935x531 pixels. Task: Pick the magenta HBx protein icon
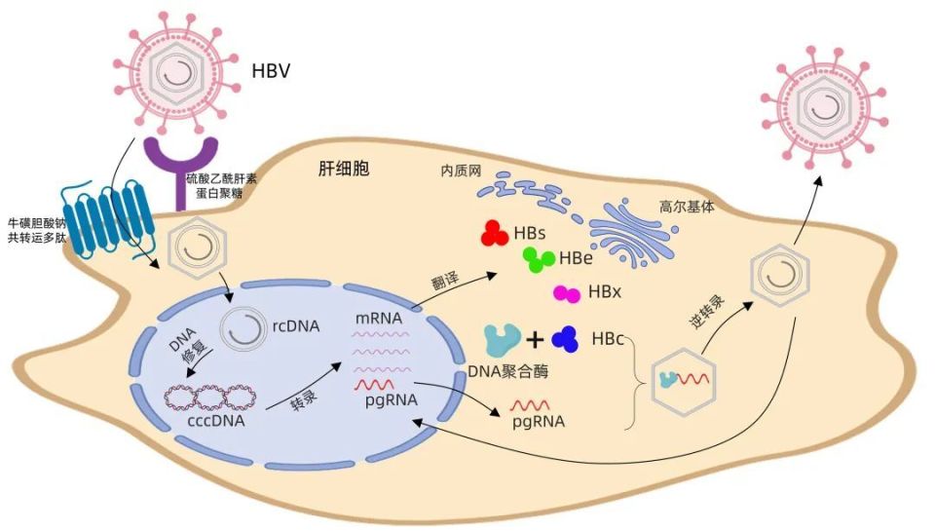click(567, 293)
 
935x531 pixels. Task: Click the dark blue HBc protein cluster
click(564, 340)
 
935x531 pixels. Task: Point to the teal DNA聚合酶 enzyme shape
click(502, 340)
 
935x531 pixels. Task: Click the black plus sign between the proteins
click(534, 340)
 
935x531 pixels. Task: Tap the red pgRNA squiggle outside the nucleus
click(532, 403)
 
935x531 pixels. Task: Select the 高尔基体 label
click(688, 208)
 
